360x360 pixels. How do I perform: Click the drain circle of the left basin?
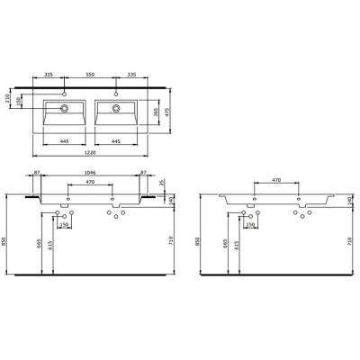pyautogui.click(x=65, y=109)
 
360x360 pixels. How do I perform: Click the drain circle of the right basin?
pyautogui.click(x=116, y=109)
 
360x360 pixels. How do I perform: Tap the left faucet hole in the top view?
pyautogui.click(x=65, y=93)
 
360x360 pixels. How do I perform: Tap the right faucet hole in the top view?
pyautogui.click(x=116, y=93)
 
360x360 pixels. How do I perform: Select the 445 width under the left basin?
pyautogui.click(x=65, y=141)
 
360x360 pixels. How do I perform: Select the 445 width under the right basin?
pyautogui.click(x=116, y=141)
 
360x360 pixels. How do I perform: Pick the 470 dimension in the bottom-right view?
pyautogui.click(x=276, y=183)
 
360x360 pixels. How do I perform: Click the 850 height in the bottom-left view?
pyautogui.click(x=8, y=240)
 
